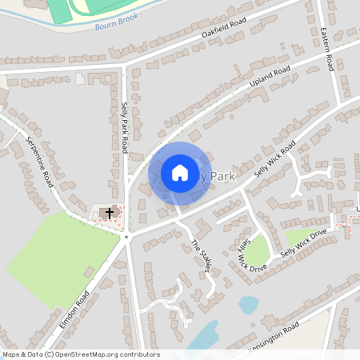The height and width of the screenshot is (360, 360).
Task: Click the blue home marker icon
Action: tap(180, 173)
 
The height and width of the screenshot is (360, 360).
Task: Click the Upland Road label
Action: tap(270, 77)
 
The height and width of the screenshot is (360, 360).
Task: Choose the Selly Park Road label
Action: tap(124, 128)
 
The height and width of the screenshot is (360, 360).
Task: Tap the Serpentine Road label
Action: tap(39, 161)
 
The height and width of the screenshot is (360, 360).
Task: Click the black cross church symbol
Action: tap(110, 214)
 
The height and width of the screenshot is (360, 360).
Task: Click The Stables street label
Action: tap(199, 257)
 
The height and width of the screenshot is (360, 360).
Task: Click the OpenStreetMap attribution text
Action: tap(81, 354)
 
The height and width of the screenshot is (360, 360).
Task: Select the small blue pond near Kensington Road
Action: tap(249, 305)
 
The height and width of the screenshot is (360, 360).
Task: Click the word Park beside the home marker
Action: tap(222, 176)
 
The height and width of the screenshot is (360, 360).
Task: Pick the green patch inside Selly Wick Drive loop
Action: tap(258, 250)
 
